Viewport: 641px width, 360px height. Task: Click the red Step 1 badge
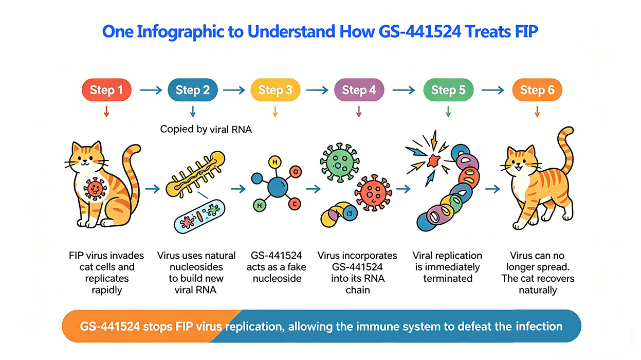click(x=106, y=91)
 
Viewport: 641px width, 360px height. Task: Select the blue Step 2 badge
click(x=193, y=91)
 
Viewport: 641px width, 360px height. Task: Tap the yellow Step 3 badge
click(x=275, y=91)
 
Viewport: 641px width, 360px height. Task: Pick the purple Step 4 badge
click(x=359, y=91)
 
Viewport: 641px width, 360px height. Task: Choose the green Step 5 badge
click(x=448, y=91)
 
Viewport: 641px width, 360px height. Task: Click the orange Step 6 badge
click(x=537, y=91)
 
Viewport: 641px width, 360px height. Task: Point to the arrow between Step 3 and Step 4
click(x=317, y=91)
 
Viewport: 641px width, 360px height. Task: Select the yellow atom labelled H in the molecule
click(x=275, y=163)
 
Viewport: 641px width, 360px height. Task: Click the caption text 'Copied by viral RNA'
click(x=206, y=129)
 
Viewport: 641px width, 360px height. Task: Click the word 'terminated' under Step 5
click(x=447, y=278)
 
